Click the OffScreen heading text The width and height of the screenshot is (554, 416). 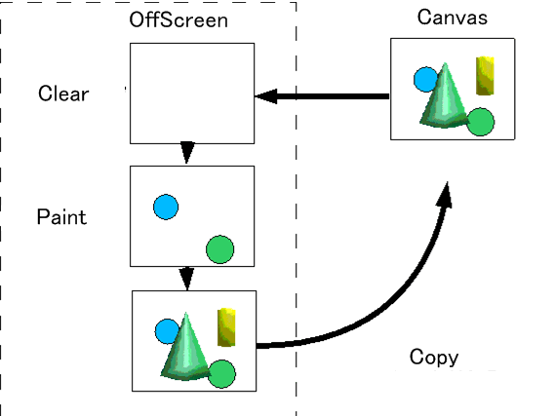(178, 19)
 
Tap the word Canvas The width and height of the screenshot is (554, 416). (453, 17)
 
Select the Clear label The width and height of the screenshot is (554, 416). (63, 94)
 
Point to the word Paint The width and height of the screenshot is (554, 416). (61, 216)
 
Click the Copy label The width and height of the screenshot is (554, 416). (434, 358)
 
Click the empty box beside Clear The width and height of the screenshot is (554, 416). (192, 94)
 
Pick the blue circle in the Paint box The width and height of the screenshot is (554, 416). (166, 207)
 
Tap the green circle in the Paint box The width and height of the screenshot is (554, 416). (219, 249)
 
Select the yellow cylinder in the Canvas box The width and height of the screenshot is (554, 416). (485, 76)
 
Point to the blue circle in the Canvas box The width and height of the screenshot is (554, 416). (425, 79)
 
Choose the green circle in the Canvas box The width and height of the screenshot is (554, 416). (481, 122)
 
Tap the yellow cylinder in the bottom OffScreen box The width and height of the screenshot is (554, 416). (226, 327)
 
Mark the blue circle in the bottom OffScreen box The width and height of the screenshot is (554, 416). (166, 331)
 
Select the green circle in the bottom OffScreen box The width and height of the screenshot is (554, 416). (221, 374)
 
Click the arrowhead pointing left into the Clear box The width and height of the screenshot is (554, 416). (266, 96)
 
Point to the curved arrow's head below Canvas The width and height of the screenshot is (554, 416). (445, 195)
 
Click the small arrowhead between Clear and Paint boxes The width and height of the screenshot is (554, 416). (187, 152)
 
